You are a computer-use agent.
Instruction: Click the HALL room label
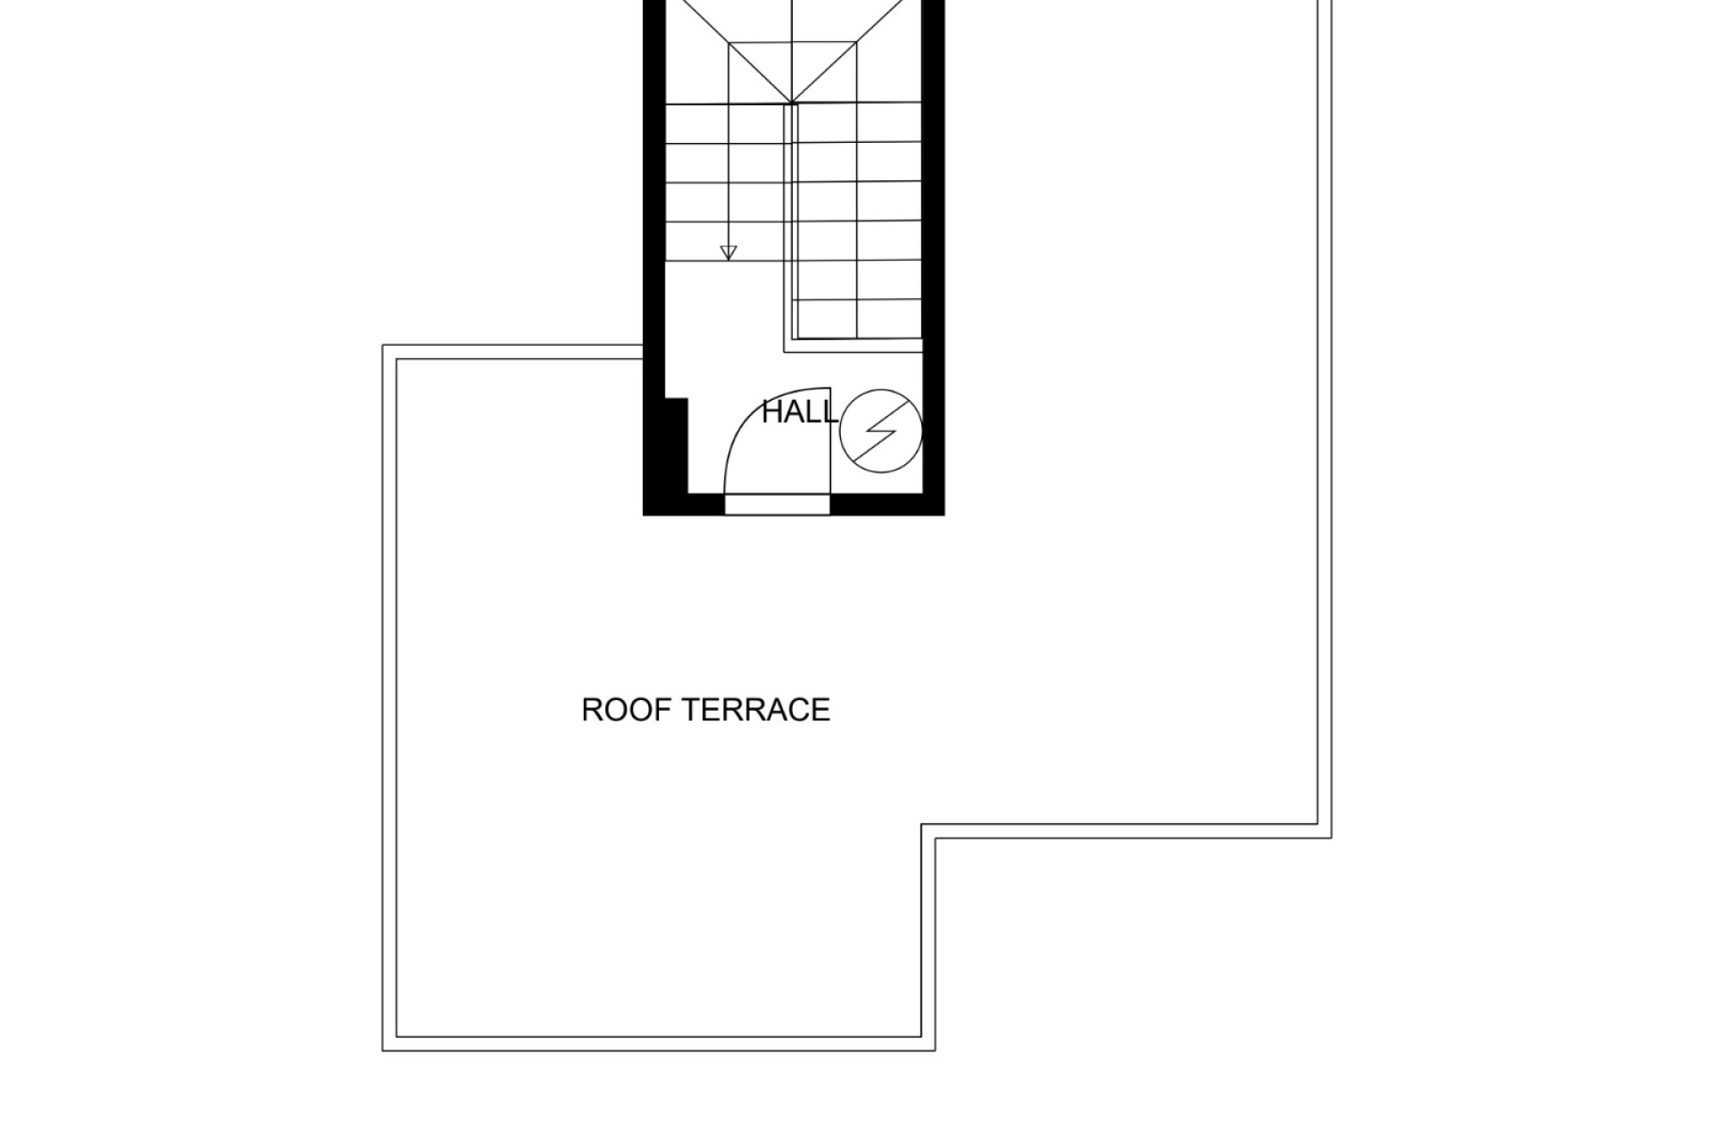800,413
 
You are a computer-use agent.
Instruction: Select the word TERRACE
756,710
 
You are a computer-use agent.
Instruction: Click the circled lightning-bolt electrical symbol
880,430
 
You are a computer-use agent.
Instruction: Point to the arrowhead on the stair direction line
728,253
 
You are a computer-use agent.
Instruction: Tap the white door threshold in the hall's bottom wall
777,505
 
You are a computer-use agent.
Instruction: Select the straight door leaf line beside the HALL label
831,440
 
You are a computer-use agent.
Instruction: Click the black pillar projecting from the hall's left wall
677,446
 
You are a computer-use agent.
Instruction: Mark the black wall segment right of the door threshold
887,505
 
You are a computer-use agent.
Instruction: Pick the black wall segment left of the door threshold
684,505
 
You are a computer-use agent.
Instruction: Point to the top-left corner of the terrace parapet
383,346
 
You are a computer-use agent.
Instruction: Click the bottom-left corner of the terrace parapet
383,1050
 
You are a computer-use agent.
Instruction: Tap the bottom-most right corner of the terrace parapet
935,1050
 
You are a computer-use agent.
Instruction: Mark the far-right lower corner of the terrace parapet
1331,838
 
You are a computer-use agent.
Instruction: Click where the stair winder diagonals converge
793,104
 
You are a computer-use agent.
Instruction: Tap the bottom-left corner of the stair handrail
786,352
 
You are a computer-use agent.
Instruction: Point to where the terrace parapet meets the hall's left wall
643,352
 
